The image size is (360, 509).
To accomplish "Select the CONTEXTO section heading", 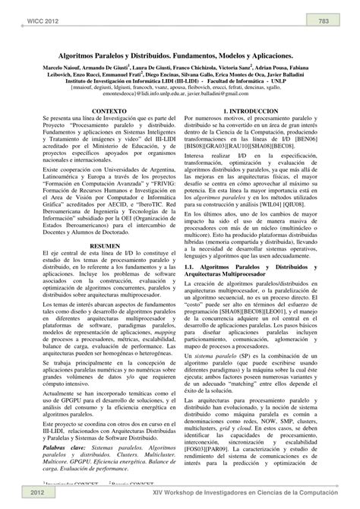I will [99, 110].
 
